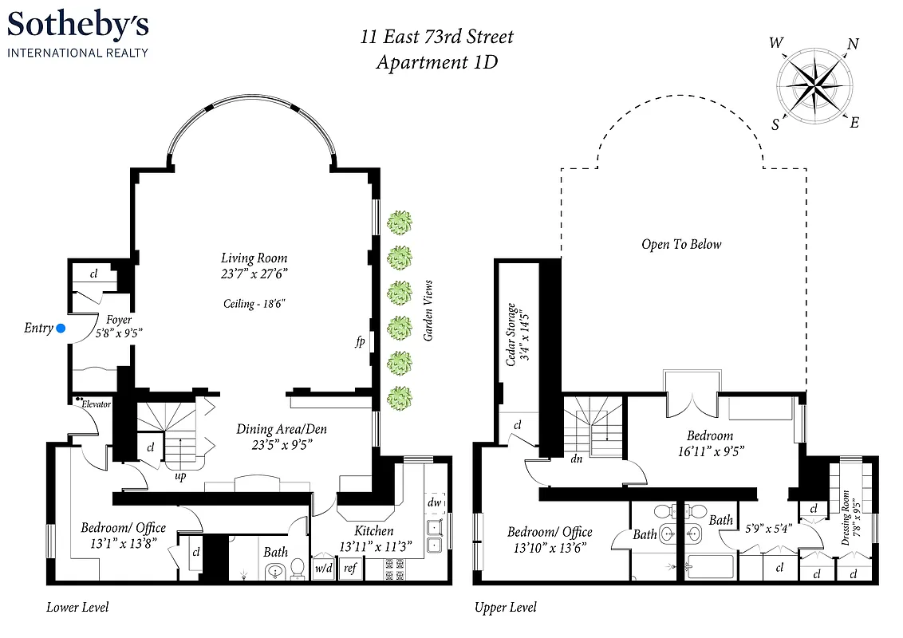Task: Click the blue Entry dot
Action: [61, 328]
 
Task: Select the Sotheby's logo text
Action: [78, 26]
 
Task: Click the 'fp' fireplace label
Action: [361, 342]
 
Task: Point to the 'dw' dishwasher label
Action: [434, 502]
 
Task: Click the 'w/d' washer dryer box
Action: [324, 568]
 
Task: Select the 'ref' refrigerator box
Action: [349, 568]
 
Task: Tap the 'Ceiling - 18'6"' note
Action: [254, 304]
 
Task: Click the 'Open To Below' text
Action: [680, 244]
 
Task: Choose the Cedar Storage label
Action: [516, 333]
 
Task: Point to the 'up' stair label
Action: [180, 476]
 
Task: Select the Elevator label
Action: [95, 404]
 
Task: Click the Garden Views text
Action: [428, 311]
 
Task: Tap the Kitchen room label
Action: [373, 530]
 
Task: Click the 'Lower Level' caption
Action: [77, 608]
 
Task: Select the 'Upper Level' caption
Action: [506, 608]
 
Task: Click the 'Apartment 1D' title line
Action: [436, 62]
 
